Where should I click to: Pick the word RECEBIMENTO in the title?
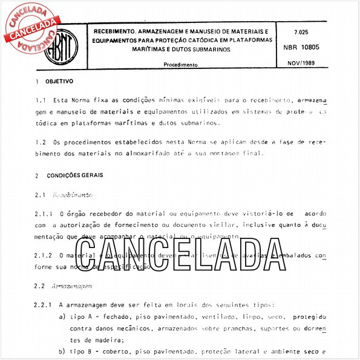(114, 30)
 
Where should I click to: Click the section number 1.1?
(41, 100)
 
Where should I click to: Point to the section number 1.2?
(41, 142)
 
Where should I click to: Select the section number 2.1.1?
(44, 214)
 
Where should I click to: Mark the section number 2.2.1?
(44, 304)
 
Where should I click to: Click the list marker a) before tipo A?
(62, 317)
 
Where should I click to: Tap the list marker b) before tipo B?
(62, 352)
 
